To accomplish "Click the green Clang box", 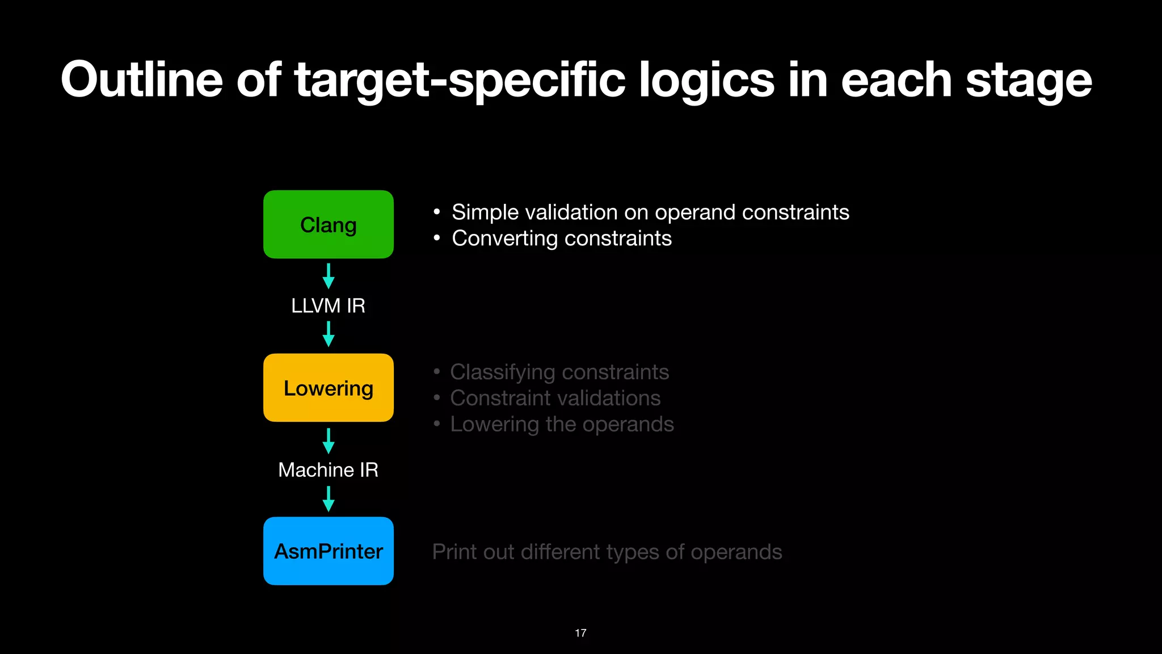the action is (328, 224).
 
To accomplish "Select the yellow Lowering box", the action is (328, 388).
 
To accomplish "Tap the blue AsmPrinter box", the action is (328, 551).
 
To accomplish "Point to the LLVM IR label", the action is (328, 305).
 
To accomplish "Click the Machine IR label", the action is (328, 469).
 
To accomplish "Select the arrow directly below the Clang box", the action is (328, 276).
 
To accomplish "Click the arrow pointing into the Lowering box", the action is (328, 334).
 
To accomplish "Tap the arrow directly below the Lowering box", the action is (328, 441).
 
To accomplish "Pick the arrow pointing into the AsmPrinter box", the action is (328, 499).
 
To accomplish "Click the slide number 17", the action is (580, 633).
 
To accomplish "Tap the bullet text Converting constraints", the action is (561, 238).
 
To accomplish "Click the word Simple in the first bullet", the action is (485, 212).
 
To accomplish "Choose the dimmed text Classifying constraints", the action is (559, 372).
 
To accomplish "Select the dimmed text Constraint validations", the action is (555, 399).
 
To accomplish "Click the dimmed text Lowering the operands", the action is (562, 425).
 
